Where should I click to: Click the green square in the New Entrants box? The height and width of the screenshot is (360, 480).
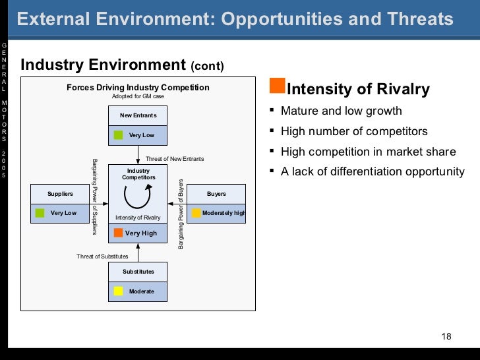119,135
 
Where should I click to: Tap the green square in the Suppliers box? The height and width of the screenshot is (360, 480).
40,213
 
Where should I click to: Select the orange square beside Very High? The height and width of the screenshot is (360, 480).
118,233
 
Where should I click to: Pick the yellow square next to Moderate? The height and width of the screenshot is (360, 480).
119,291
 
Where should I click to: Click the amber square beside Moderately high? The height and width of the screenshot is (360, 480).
196,213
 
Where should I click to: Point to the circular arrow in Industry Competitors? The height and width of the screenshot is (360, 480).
138,196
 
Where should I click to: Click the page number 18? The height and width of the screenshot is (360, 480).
446,337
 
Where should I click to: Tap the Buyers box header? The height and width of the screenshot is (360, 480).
216,194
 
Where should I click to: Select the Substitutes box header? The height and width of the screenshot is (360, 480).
138,272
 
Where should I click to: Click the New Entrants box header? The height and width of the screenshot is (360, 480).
138,115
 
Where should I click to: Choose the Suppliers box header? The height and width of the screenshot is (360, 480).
60,194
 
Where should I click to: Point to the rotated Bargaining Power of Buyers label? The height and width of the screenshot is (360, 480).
181,213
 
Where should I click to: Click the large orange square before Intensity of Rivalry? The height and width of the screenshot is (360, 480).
278,86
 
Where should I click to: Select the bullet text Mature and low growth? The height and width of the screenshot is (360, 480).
341,111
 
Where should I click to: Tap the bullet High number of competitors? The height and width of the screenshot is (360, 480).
354,131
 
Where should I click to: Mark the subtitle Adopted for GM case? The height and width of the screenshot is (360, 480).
138,96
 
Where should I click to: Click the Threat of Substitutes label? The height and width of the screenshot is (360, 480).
102,256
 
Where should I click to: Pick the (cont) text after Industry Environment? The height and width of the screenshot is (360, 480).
208,67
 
